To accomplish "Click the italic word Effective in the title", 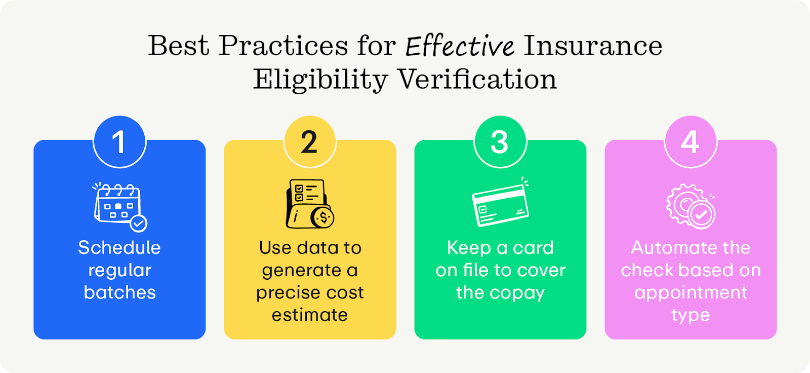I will point(460,46).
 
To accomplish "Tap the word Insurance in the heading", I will point(593,46).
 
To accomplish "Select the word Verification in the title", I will point(477,80).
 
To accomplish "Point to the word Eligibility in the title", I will point(320,80).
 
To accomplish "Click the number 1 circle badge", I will point(119,142).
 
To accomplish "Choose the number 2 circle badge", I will point(309,142).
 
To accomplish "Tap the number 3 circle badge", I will point(500,142).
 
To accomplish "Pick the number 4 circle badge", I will point(690,142).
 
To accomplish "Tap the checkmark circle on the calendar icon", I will point(138,223).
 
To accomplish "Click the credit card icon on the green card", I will point(500,205).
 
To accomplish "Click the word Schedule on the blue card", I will point(119,248).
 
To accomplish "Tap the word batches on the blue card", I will point(119,292).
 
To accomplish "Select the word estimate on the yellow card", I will point(310,315).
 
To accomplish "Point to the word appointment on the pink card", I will point(691,293).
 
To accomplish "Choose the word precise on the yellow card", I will point(285,293).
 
